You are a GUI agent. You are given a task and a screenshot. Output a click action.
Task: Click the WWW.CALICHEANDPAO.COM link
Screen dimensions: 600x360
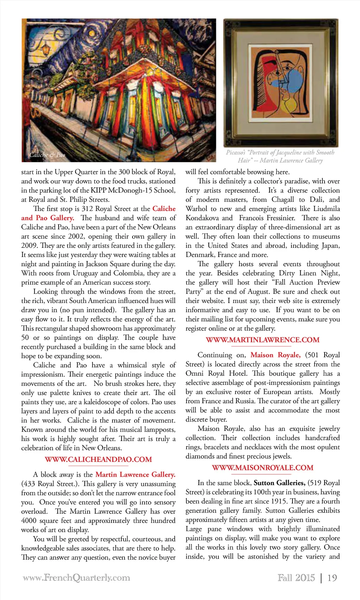(98, 459)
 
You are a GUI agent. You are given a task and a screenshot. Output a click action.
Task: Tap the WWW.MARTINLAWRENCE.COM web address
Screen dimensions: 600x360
(263, 340)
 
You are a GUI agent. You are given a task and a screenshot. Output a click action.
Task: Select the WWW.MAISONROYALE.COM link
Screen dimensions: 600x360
(263, 468)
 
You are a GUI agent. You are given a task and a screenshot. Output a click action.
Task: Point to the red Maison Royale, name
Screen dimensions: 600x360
(275, 355)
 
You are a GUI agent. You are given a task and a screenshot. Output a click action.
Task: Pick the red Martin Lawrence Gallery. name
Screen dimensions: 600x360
(135, 475)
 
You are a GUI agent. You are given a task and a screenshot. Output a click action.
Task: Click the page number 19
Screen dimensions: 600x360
(332, 578)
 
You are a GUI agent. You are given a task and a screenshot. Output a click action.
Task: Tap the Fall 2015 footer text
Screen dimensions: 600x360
(296, 578)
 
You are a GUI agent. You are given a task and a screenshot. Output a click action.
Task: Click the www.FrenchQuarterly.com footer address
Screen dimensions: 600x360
(76, 578)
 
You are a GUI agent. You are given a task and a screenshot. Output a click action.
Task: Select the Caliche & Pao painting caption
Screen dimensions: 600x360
(47, 155)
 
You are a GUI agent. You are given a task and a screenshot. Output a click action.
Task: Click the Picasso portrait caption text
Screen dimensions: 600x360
(280, 156)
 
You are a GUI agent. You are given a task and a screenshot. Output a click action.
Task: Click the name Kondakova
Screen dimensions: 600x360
(202, 218)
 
